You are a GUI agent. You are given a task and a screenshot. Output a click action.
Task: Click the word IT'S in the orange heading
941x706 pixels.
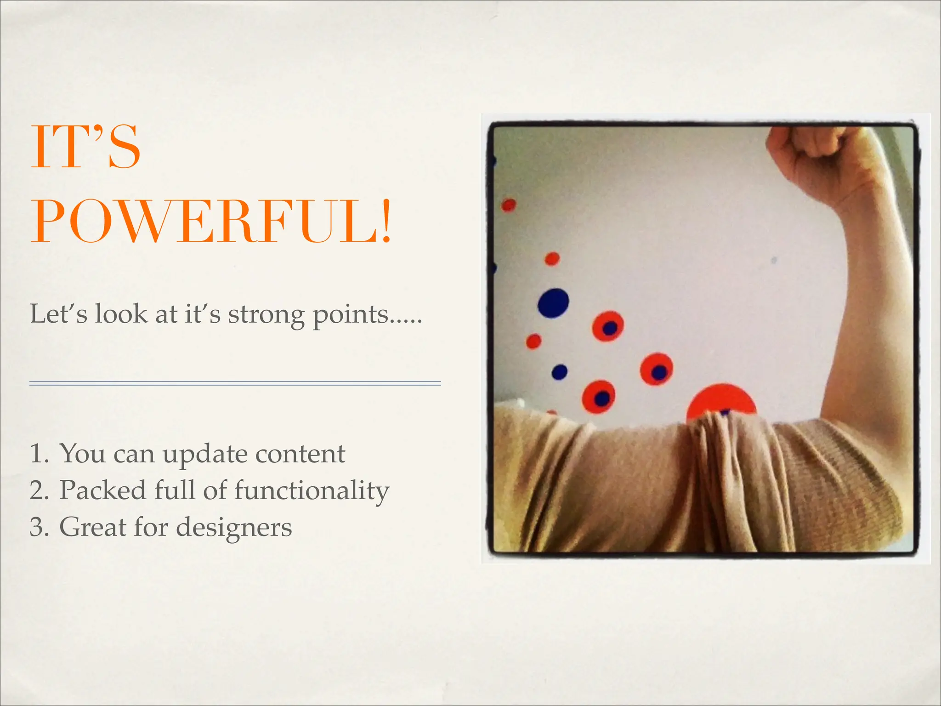click(85, 147)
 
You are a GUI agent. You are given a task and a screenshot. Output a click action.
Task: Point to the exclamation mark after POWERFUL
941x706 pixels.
click(386, 221)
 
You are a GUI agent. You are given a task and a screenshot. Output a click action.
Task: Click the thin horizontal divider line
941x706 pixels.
click(235, 383)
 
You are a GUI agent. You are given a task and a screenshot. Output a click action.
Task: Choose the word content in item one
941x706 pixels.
click(300, 454)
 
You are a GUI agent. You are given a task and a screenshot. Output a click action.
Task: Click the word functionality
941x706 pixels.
click(312, 491)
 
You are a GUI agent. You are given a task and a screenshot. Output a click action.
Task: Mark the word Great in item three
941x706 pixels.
click(92, 527)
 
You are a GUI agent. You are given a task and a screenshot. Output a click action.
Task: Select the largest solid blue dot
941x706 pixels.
click(553, 303)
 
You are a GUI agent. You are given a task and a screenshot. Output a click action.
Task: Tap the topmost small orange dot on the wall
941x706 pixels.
click(508, 205)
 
